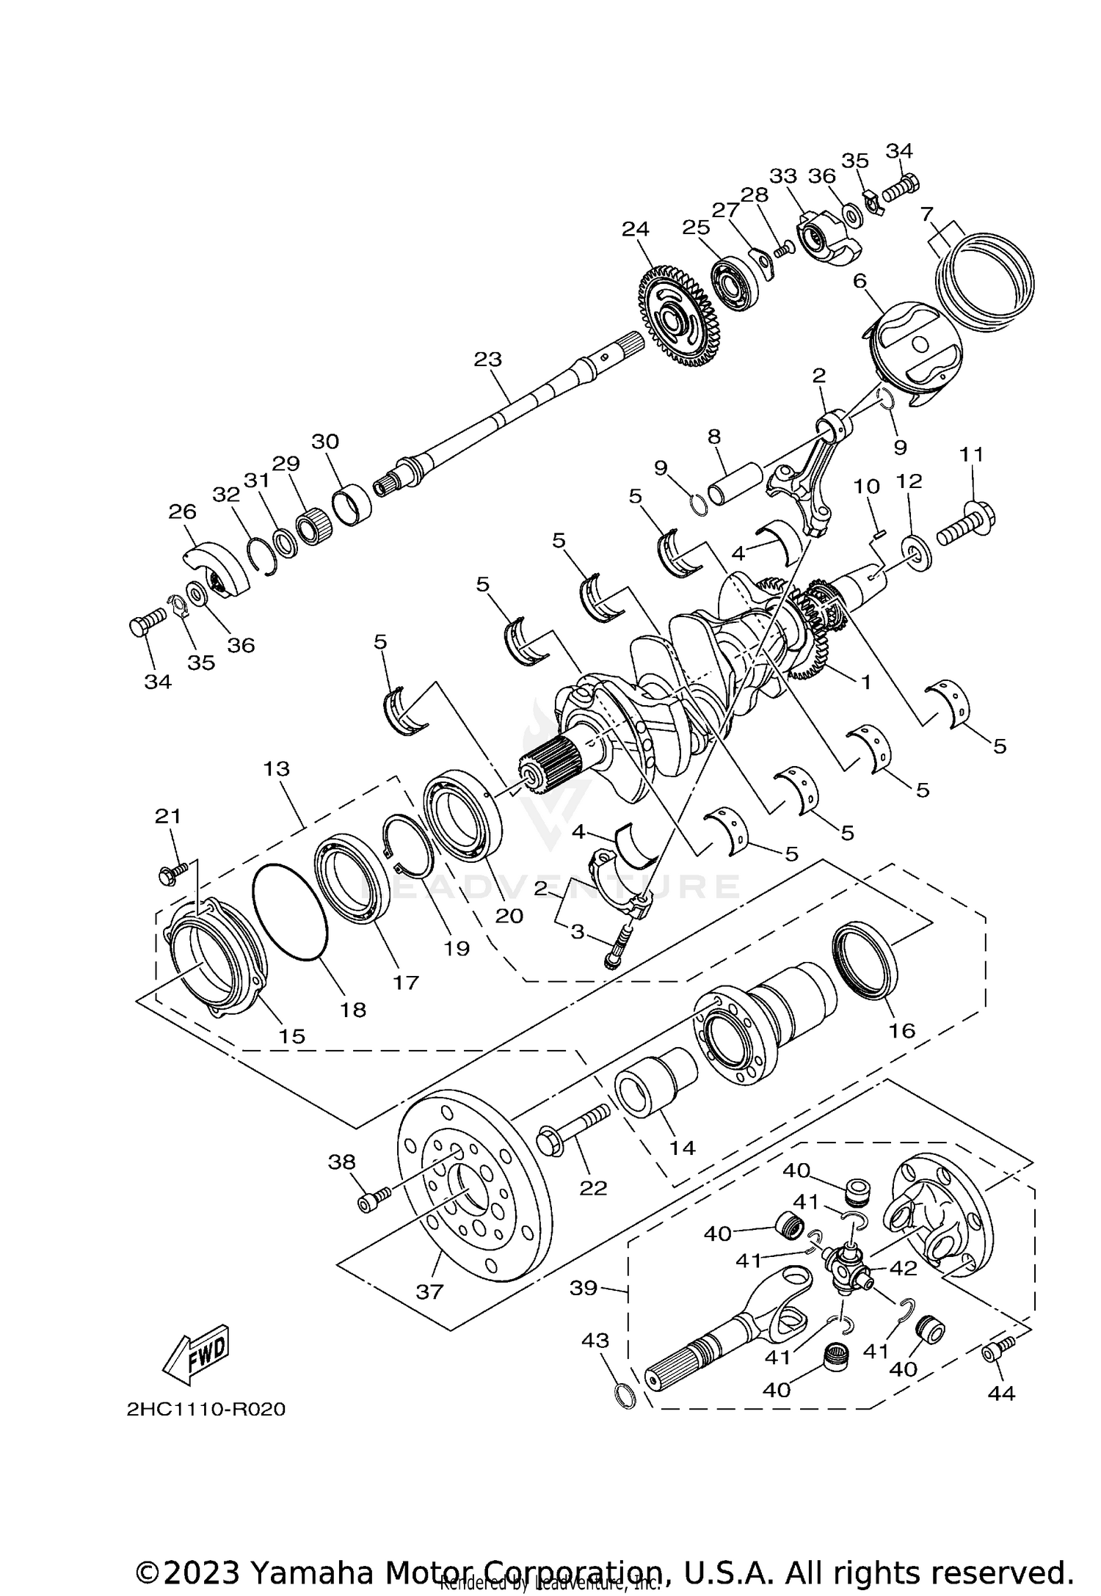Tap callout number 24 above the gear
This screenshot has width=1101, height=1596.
point(636,228)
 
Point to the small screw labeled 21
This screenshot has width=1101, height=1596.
point(173,872)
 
